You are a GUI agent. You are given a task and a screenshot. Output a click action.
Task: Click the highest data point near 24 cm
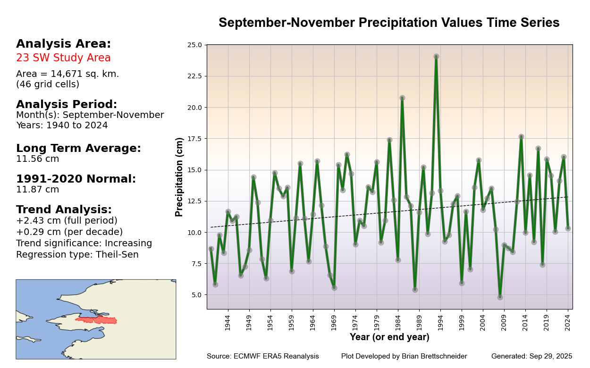pyautogui.click(x=436, y=57)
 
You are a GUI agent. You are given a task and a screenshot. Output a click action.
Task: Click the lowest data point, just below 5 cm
pyautogui.click(x=500, y=297)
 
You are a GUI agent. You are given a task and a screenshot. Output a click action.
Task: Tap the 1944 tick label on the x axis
pyautogui.click(x=228, y=323)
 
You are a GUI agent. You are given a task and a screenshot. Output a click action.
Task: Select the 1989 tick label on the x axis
pyautogui.click(x=419, y=323)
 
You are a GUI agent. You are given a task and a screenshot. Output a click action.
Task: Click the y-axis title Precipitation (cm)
pyautogui.click(x=179, y=177)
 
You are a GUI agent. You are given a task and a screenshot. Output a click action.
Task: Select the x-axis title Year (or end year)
pyautogui.click(x=389, y=337)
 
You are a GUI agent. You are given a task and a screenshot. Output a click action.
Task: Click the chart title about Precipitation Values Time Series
pyautogui.click(x=389, y=23)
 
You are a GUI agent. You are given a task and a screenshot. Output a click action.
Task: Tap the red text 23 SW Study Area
pyautogui.click(x=63, y=58)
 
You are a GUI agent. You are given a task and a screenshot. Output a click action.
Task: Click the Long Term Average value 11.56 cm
pyautogui.click(x=38, y=159)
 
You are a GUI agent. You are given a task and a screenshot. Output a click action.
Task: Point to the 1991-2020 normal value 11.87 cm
pyautogui.click(x=38, y=190)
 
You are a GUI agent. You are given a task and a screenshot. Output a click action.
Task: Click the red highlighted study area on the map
pyautogui.click(x=97, y=320)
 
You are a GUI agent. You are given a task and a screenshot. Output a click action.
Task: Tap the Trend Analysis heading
pyautogui.click(x=64, y=210)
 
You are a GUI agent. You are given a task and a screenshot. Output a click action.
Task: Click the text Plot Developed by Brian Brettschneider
pyautogui.click(x=404, y=357)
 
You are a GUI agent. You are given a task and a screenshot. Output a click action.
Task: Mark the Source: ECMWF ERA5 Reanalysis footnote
pyautogui.click(x=262, y=357)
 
